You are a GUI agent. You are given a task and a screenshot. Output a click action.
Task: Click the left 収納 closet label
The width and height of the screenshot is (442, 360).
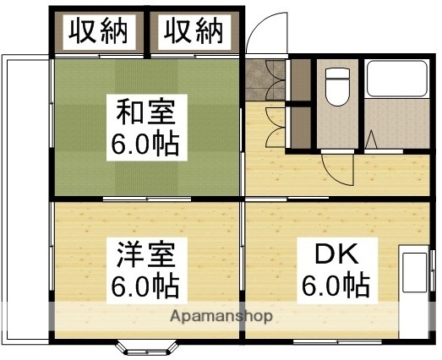point(98,32)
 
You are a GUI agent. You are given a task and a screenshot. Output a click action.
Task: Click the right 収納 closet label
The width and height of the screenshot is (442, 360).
point(194,32)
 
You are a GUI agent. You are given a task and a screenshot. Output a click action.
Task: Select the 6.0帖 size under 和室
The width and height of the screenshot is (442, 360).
point(145,145)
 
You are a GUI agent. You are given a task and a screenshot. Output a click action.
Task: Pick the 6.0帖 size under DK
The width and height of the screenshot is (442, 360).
point(336,285)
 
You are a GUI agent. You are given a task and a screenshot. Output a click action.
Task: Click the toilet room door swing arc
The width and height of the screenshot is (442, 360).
point(336,164)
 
